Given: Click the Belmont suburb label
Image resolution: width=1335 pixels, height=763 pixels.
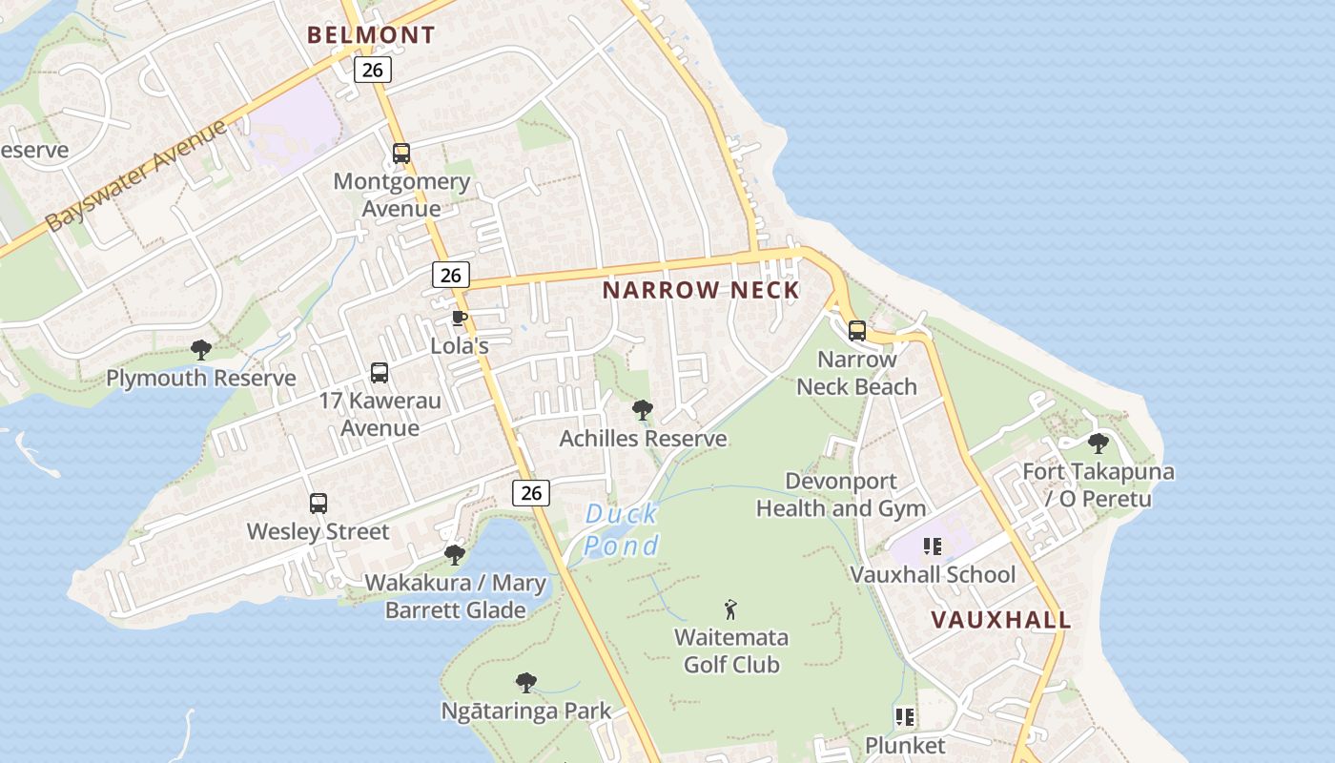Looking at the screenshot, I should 371,35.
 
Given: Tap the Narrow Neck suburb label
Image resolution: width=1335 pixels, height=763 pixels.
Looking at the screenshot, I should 701,290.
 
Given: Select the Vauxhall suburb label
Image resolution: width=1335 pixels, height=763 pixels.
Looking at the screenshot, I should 1000,619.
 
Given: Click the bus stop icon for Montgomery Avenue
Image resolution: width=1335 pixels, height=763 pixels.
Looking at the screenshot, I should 401,154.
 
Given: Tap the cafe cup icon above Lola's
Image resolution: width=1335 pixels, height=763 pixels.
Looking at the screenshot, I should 459,319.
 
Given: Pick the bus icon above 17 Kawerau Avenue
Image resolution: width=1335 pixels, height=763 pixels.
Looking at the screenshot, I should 380,373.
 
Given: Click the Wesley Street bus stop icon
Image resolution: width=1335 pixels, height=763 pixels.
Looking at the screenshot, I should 318,504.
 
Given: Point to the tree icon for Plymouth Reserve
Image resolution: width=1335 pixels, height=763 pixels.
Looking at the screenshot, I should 200,350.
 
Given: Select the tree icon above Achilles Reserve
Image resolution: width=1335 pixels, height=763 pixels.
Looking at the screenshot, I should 643,411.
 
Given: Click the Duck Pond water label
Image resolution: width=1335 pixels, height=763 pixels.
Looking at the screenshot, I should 622,529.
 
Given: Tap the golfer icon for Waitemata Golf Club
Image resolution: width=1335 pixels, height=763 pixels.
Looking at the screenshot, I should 731,609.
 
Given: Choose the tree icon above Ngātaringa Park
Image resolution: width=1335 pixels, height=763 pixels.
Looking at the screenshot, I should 525,683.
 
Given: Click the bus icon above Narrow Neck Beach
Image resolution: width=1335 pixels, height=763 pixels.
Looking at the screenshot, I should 857,331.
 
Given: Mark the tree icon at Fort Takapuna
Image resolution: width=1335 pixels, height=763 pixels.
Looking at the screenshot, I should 1099,443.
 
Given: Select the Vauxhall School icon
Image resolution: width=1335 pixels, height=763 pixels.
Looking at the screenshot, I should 933,546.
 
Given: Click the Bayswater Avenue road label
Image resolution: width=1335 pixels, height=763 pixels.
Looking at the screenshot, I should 136,175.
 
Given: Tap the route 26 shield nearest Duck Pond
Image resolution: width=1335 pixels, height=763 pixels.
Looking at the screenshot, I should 531,492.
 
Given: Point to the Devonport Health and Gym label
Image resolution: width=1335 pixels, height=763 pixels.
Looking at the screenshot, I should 841,494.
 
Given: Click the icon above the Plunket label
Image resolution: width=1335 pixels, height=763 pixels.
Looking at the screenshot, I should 905,716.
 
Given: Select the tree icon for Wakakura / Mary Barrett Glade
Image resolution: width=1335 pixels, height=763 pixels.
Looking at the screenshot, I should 455,554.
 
